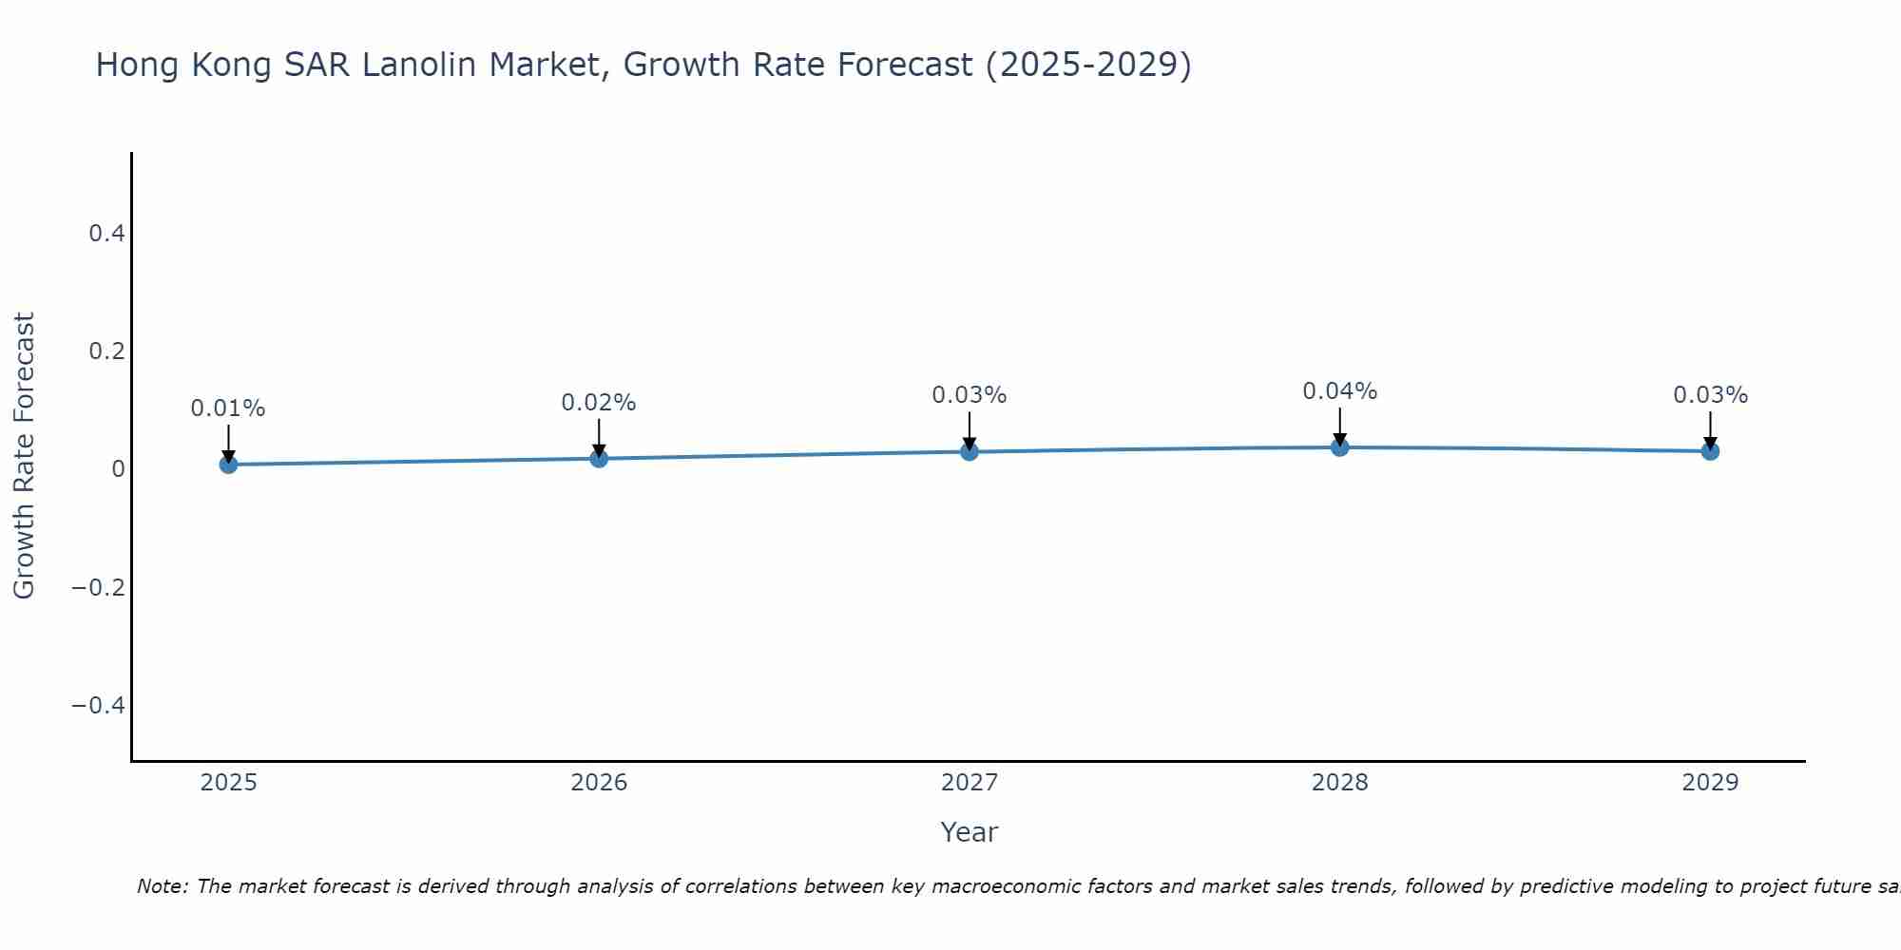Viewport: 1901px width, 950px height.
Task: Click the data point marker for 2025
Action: tap(228, 465)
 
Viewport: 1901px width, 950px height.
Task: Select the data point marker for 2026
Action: tap(599, 459)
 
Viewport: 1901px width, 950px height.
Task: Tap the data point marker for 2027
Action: tap(970, 451)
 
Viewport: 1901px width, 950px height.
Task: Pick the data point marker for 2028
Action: tap(1340, 447)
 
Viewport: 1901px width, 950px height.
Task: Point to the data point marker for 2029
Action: tap(1710, 451)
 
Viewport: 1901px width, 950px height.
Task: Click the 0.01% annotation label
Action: tap(228, 408)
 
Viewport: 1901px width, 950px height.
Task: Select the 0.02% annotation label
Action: tap(599, 403)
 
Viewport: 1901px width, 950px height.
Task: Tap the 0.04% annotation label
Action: tap(1340, 391)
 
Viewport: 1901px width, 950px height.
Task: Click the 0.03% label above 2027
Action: tap(970, 395)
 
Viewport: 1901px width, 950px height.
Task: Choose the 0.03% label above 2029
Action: tap(1710, 395)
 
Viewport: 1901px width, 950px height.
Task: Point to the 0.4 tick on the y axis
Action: tap(106, 233)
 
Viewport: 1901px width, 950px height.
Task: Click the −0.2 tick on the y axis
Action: tap(98, 587)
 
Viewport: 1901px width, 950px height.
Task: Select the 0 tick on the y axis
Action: tap(118, 468)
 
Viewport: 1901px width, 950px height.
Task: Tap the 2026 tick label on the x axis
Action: tap(599, 783)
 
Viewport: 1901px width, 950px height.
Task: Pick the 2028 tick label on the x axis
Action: tap(1340, 783)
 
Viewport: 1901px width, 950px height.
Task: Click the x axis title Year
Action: tap(970, 832)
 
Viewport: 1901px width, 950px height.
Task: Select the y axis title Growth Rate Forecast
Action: tap(24, 455)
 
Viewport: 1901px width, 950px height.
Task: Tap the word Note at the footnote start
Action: tap(162, 886)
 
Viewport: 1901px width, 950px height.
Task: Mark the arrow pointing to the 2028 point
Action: tap(1340, 427)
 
